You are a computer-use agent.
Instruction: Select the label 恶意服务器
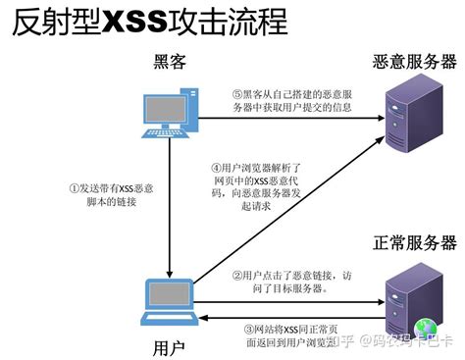tap(414, 62)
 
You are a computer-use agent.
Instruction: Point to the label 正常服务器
tap(414, 240)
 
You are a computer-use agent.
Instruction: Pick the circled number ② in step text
tap(236, 276)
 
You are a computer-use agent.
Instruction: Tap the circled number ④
tap(216, 168)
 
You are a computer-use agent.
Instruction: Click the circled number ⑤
tap(236, 95)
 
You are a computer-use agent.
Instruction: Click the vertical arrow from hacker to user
tap(171, 206)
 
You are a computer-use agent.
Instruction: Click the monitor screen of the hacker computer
tap(163, 107)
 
